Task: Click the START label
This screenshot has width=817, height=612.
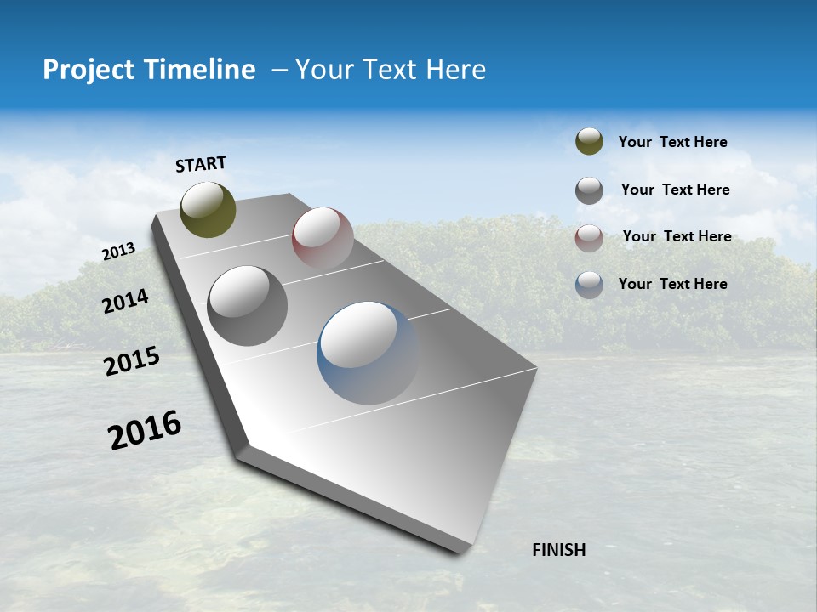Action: coord(201,164)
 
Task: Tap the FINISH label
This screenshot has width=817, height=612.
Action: coord(558,550)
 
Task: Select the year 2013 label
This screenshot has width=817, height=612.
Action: coord(119,252)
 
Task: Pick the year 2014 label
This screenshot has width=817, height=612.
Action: coord(125,302)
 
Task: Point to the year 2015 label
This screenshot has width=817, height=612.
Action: coord(132,361)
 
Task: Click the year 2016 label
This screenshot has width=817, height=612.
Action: coord(145,429)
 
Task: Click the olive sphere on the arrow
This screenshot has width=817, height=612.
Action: coord(208,209)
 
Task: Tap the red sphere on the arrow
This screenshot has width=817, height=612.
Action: coord(323,237)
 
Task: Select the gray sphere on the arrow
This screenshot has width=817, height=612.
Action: coord(247,305)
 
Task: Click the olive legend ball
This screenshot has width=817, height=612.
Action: coord(589,141)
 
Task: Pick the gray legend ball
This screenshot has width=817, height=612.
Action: coord(589,190)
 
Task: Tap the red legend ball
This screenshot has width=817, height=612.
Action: coord(589,238)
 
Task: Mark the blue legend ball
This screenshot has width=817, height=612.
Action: coord(589,285)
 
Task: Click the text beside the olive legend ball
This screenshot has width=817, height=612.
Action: coord(672,142)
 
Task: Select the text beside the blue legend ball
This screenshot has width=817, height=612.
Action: coord(672,284)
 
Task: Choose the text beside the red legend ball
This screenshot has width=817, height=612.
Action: coord(677,236)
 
